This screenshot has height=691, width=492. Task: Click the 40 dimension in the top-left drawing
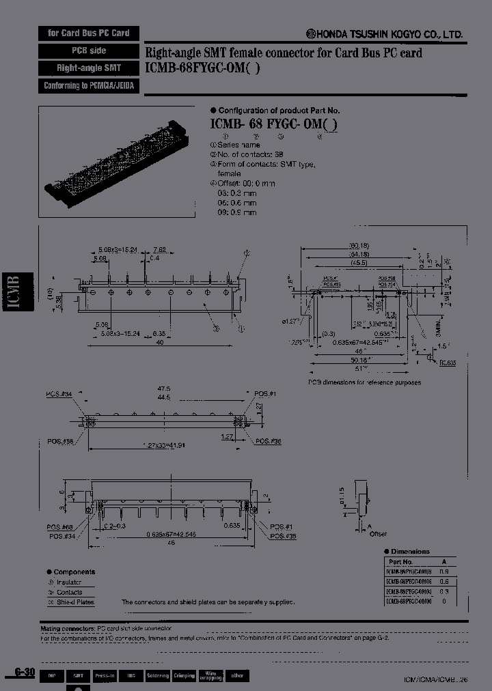tap(159, 343)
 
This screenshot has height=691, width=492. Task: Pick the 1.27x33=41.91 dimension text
tap(165, 445)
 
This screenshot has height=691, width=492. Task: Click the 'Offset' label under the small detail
tap(376, 534)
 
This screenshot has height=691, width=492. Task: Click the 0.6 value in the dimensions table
tap(444, 582)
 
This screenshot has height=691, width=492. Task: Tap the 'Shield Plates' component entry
tap(75, 602)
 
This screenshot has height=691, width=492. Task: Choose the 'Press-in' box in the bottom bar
tap(105, 676)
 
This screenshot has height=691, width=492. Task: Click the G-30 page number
tap(25, 672)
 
